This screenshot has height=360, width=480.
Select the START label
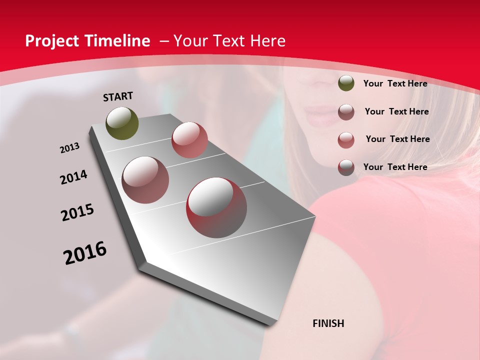coord(118,96)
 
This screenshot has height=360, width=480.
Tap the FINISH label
coord(328,323)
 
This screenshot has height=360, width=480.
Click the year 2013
coord(70,148)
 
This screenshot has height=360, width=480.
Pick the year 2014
coord(74,177)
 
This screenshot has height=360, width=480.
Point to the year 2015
coord(77,212)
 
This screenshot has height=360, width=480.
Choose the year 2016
coord(85,252)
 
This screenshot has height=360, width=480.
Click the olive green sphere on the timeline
coord(122,123)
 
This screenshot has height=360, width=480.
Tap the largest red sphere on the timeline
coord(216,207)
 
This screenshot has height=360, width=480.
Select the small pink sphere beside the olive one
coord(189,139)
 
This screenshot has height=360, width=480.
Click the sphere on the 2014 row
coord(145,179)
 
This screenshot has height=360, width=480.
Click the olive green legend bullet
coord(346,83)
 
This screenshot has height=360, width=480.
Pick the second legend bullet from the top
coord(346,112)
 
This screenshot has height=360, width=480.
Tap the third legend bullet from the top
coord(346,140)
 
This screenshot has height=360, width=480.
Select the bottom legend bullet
coord(346,167)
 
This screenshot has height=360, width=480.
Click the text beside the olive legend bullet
coord(395,83)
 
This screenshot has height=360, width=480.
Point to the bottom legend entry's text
coord(395,167)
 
